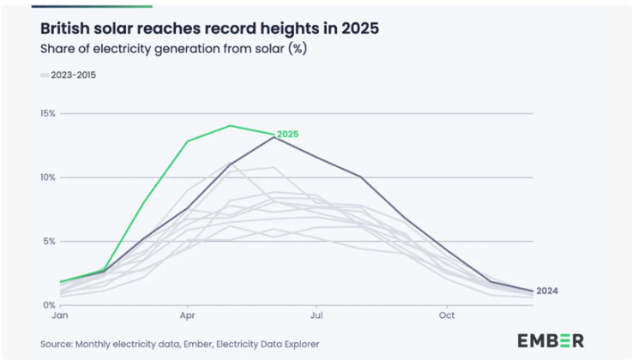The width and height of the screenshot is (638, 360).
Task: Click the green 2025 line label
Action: (287, 135)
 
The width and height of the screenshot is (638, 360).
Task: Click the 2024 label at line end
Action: (547, 291)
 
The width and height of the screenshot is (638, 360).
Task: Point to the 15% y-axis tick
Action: (47, 113)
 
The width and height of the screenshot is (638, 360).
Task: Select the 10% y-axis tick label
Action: (47, 177)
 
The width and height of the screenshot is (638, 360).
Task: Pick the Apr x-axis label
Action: (187, 315)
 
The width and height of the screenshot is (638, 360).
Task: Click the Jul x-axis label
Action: (316, 315)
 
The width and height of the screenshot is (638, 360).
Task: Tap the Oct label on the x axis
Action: (446, 315)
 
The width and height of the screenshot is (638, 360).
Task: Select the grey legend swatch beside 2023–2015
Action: (45, 75)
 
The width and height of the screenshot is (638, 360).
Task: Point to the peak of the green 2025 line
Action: (230, 126)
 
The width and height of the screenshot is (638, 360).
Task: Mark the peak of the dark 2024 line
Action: (274, 137)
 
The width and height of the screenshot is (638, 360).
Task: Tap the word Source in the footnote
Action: (57, 345)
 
